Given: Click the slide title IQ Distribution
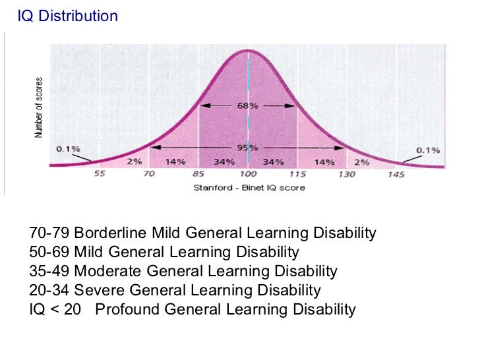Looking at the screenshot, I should click(68, 15).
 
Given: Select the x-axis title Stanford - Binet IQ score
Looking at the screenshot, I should click(249, 188).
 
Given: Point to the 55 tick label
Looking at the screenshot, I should click(100, 174).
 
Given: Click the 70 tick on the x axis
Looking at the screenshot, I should click(149, 174).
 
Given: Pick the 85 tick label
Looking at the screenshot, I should click(199, 174).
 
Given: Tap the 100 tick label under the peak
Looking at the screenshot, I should click(248, 174).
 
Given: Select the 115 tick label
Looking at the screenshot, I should click(297, 174).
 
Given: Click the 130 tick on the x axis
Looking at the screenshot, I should click(347, 174).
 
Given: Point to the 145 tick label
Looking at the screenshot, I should click(396, 174).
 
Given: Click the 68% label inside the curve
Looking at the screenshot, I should click(248, 105).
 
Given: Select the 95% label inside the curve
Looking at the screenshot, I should click(248, 148).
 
